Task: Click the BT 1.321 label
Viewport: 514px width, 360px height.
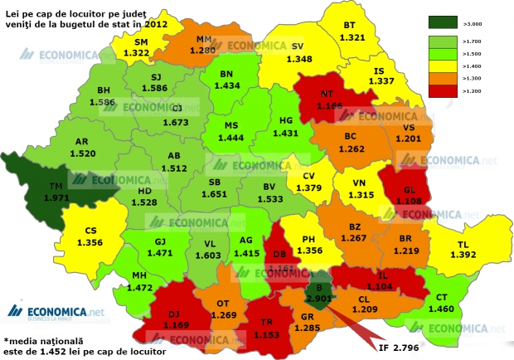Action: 354,32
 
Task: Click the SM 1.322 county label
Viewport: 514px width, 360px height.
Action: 136,47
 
